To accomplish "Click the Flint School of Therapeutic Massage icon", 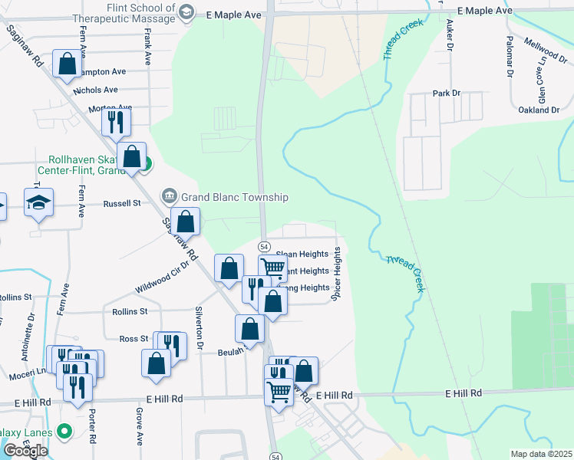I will (x=186, y=11).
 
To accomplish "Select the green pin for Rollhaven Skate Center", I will (x=143, y=163).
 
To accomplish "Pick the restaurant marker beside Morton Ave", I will (x=116, y=121).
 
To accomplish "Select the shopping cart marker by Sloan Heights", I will (x=272, y=268).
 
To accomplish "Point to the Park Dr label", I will (x=446, y=93).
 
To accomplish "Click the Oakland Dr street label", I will (x=539, y=110).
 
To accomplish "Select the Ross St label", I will (x=134, y=338).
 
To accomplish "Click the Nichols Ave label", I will (x=95, y=90).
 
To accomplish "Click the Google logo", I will (x=25, y=450).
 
